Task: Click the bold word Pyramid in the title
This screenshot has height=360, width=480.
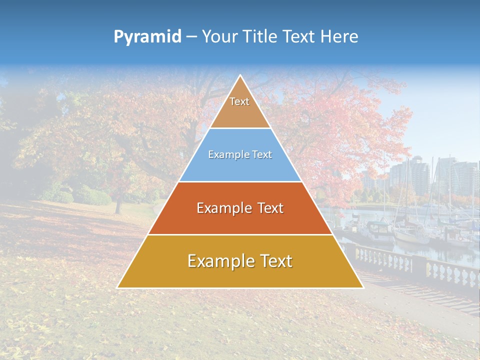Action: click(x=147, y=37)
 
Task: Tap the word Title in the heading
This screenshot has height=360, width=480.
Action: click(x=260, y=36)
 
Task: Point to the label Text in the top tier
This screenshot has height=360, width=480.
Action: click(x=239, y=101)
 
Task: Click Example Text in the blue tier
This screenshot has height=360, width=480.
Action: click(x=240, y=155)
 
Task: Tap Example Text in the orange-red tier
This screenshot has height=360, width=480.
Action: click(x=240, y=208)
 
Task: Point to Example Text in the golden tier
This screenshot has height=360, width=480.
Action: click(x=240, y=261)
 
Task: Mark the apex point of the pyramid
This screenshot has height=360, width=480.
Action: click(x=240, y=76)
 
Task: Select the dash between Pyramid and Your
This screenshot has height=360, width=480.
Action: click(x=191, y=37)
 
